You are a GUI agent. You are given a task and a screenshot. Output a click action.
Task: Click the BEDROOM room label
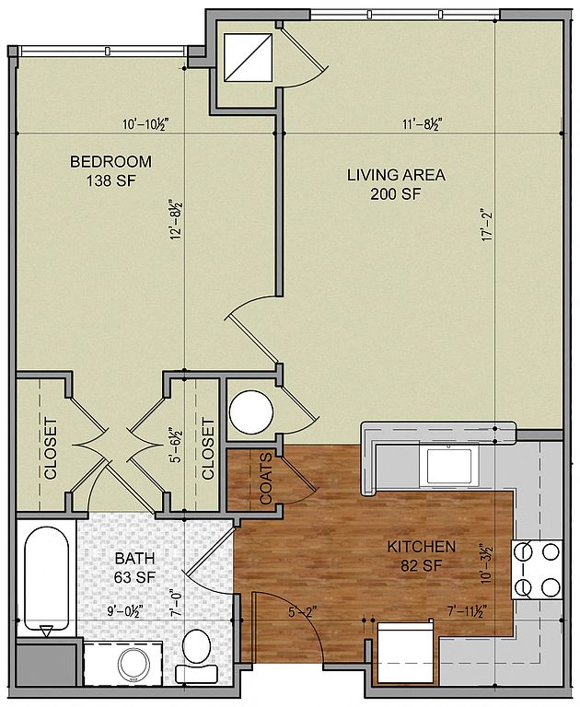coord(111,161)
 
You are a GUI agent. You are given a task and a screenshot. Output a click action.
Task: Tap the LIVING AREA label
coord(396,175)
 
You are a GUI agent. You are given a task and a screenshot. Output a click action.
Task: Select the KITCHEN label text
coord(422,547)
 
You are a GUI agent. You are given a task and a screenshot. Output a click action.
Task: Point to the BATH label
coord(134,558)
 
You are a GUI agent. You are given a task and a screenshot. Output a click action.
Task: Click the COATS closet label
coord(266,478)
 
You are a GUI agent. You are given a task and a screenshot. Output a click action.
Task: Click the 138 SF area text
coord(111,181)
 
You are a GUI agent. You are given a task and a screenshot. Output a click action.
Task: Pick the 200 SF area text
coord(396,194)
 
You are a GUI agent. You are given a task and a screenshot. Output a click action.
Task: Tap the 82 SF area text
coord(422,566)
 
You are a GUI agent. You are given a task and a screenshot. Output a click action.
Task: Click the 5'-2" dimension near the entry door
coord(303,612)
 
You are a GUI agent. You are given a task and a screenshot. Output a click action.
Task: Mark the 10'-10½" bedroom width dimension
coord(145,123)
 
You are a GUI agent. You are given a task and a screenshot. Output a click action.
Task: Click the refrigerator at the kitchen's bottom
coord(404,654)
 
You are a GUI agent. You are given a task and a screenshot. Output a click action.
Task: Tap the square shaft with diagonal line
coord(249,58)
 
